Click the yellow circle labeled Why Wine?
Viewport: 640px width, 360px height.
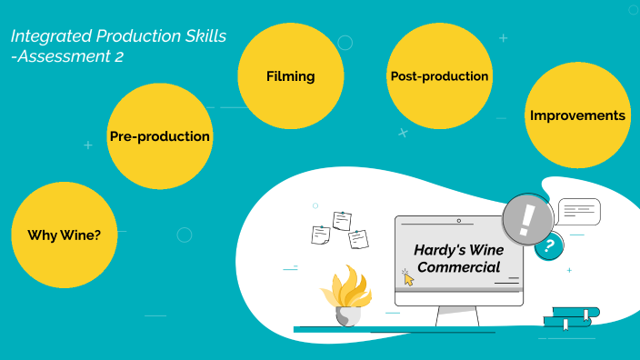click(64, 235)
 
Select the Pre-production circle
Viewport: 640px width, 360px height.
click(160, 136)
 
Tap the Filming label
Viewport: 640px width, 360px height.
click(290, 76)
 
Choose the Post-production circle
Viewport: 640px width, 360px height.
click(439, 76)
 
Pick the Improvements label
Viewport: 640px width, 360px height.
click(577, 115)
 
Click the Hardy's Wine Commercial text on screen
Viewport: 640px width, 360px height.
click(457, 257)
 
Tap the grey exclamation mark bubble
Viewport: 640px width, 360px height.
click(527, 220)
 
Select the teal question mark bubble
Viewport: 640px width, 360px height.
click(548, 245)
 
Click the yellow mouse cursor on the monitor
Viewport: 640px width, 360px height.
click(408, 278)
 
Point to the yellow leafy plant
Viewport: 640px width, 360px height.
click(346, 286)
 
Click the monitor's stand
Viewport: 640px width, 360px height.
click(457, 316)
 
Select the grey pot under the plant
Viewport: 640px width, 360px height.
click(347, 315)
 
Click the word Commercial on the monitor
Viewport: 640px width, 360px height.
click(459, 267)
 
